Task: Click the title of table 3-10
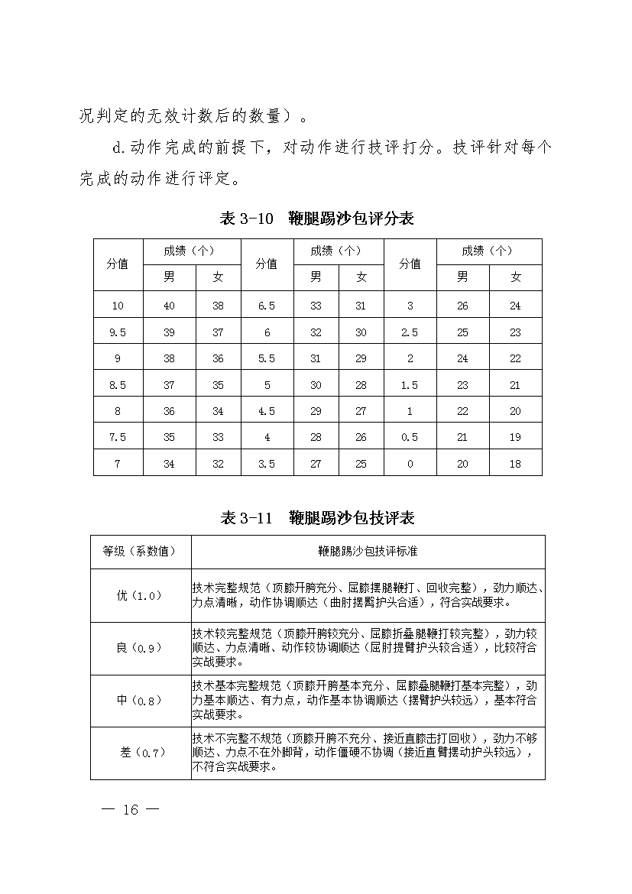click(x=316, y=219)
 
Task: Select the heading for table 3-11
click(x=316, y=518)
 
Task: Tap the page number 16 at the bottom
click(x=131, y=810)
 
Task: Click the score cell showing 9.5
click(x=117, y=332)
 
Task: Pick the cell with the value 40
click(x=169, y=306)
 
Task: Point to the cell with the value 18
click(x=515, y=464)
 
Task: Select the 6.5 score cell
click(x=267, y=306)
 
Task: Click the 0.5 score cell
click(x=410, y=437)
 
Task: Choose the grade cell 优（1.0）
click(x=140, y=596)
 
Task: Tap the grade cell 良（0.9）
click(x=140, y=648)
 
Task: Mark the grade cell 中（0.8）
click(x=140, y=700)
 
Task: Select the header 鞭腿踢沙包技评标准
click(x=368, y=551)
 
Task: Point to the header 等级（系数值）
click(x=140, y=551)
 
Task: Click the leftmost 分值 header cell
click(x=117, y=264)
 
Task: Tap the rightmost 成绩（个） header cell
click(x=488, y=251)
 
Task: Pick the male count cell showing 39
click(x=169, y=332)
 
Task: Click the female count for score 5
click(x=361, y=385)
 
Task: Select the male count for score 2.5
click(x=462, y=332)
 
